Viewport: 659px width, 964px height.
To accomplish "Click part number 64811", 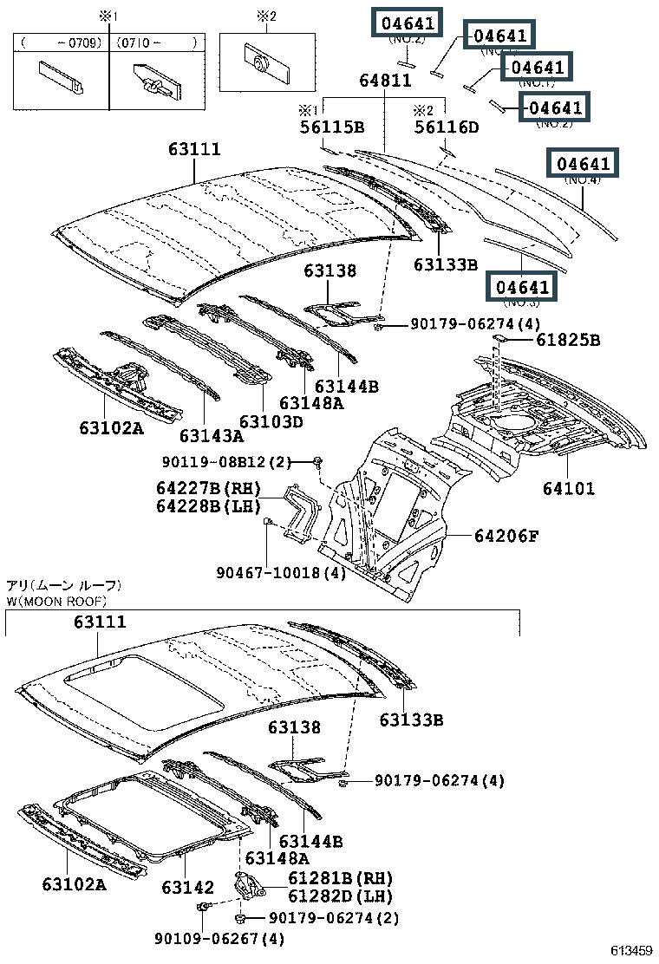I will click(x=385, y=81).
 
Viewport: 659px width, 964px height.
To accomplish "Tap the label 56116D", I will click(x=446, y=127).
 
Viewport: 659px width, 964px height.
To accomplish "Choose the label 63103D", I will click(x=271, y=421).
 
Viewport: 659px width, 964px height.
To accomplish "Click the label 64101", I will click(x=569, y=489).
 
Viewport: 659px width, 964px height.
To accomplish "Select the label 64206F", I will click(x=506, y=537).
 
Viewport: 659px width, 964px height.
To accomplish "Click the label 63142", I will click(x=186, y=887).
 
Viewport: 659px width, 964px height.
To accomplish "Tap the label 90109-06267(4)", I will click(x=220, y=938).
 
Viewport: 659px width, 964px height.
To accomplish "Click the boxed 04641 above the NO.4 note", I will click(x=584, y=163).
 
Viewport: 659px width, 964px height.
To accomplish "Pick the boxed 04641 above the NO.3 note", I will click(x=522, y=286).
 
